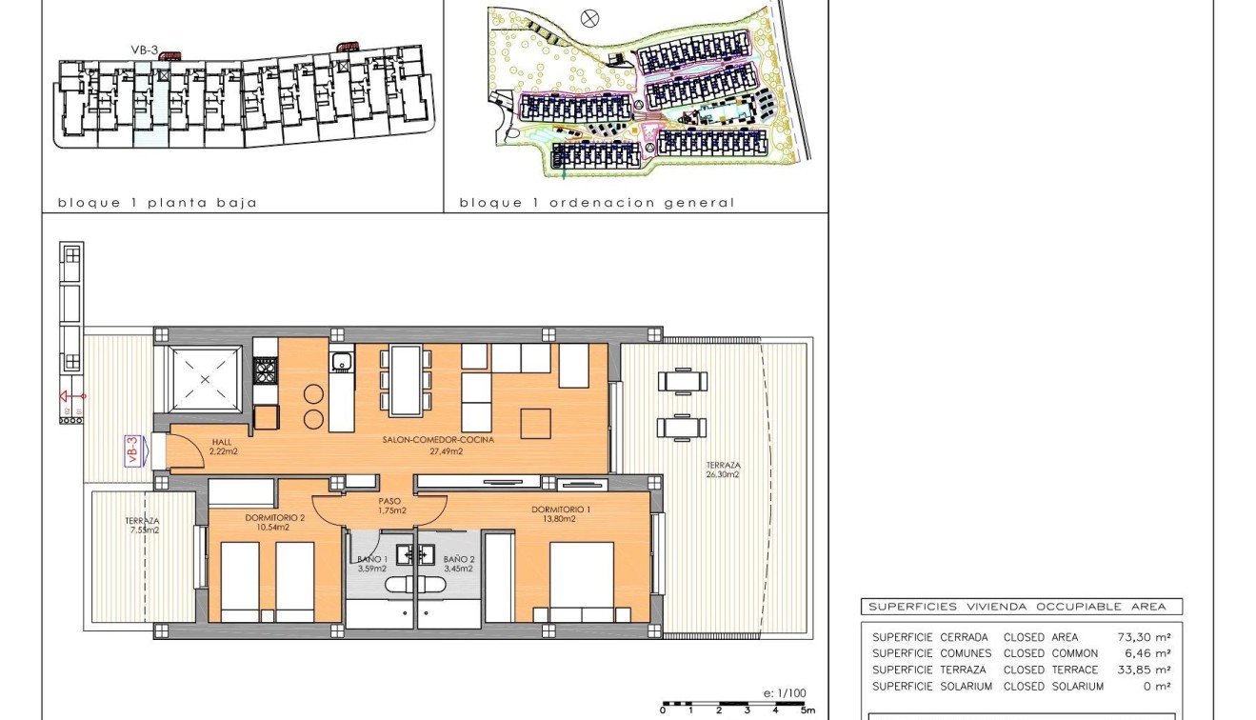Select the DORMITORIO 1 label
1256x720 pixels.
click(561, 510)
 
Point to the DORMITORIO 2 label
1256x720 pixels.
click(275, 518)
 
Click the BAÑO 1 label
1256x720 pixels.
click(370, 559)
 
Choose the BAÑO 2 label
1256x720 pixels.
click(457, 559)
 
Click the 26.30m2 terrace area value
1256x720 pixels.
click(724, 473)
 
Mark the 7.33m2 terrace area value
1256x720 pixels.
click(142, 530)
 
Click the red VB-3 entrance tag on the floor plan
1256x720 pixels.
click(132, 450)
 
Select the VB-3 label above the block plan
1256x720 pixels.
click(145, 50)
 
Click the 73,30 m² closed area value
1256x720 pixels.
click(1143, 637)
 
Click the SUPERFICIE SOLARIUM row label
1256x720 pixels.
click(931, 686)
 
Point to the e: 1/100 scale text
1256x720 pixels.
click(785, 693)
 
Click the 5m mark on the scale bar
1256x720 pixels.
click(806, 710)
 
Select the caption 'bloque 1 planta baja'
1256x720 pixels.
click(157, 203)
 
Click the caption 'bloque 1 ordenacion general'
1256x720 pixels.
click(596, 203)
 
